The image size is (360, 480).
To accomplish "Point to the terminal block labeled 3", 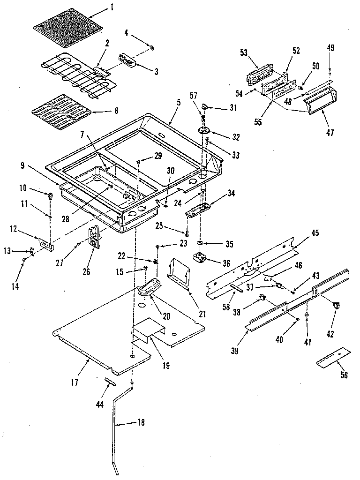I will (x=127, y=61).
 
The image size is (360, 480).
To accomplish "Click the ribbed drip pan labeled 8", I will (x=60, y=116).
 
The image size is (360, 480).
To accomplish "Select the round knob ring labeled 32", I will (x=205, y=131).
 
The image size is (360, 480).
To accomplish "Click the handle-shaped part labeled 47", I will (x=316, y=104).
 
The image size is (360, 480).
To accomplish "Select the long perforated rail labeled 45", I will (x=253, y=265).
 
